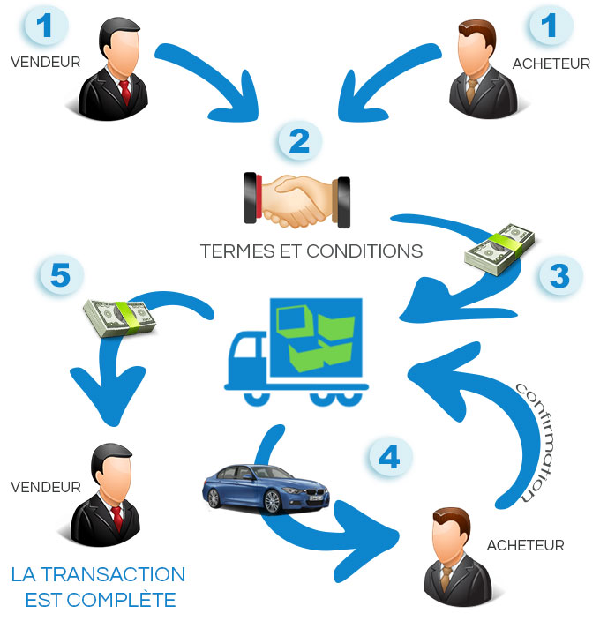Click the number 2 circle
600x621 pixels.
pyautogui.click(x=300, y=142)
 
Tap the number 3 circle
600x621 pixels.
pyautogui.click(x=559, y=275)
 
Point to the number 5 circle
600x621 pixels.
pyautogui.click(x=60, y=275)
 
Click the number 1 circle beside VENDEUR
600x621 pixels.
pyautogui.click(x=45, y=26)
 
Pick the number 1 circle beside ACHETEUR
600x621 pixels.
pyautogui.click(x=551, y=26)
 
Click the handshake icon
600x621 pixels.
pyautogui.click(x=296, y=199)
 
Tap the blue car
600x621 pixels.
pyautogui.click(x=266, y=488)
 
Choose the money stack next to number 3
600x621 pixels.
pyautogui.click(x=500, y=248)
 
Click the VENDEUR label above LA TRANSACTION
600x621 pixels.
pyautogui.click(x=46, y=487)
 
